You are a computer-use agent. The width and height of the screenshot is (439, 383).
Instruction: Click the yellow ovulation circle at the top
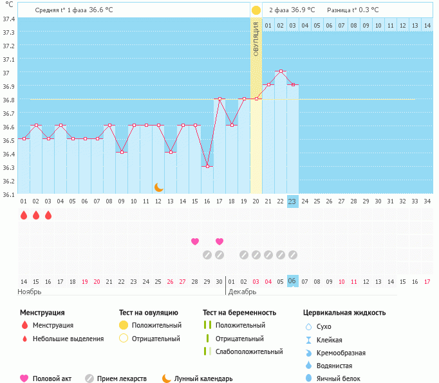coord(256,10)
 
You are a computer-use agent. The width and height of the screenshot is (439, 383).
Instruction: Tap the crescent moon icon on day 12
coord(159,187)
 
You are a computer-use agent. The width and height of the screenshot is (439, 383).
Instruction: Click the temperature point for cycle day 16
coord(207,166)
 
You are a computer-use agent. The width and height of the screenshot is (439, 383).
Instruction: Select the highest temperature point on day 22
coord(281,71)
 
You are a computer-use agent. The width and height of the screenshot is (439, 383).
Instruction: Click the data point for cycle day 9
coord(122,152)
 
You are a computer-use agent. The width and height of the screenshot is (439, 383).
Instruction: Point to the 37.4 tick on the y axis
coord(8,19)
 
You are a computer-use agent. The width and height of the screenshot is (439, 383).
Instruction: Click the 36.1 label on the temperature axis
coord(8,194)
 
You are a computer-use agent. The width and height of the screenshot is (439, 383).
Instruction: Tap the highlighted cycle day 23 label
coord(293,201)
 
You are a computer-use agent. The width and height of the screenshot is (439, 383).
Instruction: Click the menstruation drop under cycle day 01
coord(24,215)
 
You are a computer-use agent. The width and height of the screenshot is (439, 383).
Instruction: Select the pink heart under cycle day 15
coord(195,241)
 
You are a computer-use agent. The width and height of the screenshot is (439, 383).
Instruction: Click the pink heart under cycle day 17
coord(219,241)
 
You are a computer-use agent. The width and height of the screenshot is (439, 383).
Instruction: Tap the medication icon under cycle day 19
coord(244,255)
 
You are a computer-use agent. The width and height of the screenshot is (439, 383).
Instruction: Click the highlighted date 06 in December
coord(293,281)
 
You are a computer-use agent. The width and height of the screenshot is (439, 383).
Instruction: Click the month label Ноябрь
coord(30,292)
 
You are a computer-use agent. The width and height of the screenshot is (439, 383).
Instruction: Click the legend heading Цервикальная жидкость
coord(344,312)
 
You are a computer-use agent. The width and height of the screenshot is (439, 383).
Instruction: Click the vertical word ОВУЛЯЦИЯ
coord(256,39)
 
